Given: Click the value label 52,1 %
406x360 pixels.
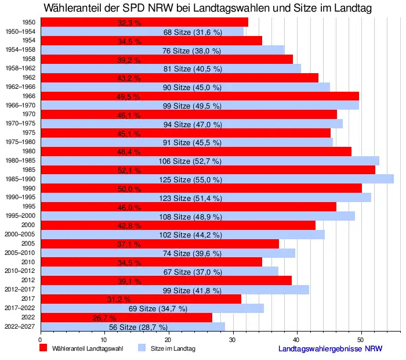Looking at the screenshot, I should pyautogui.click(x=129, y=170).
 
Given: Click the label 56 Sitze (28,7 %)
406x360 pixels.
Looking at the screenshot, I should pyautogui.click(x=138, y=327).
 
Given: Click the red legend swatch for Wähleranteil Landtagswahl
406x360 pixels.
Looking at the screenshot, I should pyautogui.click(x=43, y=348).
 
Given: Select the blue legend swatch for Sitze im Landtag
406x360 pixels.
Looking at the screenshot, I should pyautogui.click(x=141, y=348).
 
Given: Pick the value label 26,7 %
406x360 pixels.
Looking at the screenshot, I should pyautogui.click(x=104, y=318).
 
